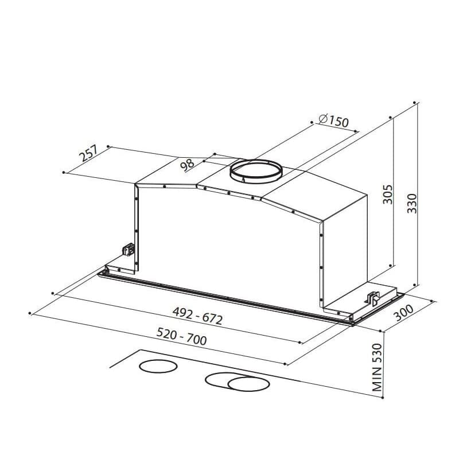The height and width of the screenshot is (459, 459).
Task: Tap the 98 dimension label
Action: point(186,164)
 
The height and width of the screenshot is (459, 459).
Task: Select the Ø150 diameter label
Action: point(333,121)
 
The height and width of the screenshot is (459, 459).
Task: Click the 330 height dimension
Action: point(412,203)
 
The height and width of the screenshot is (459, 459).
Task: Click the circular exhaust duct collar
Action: point(256,172)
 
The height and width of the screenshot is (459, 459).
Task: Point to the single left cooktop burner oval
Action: point(158,367)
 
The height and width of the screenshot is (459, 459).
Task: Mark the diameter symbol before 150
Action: point(322,119)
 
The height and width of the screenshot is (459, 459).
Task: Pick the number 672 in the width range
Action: point(211,319)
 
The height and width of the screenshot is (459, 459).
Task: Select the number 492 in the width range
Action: point(182,313)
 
